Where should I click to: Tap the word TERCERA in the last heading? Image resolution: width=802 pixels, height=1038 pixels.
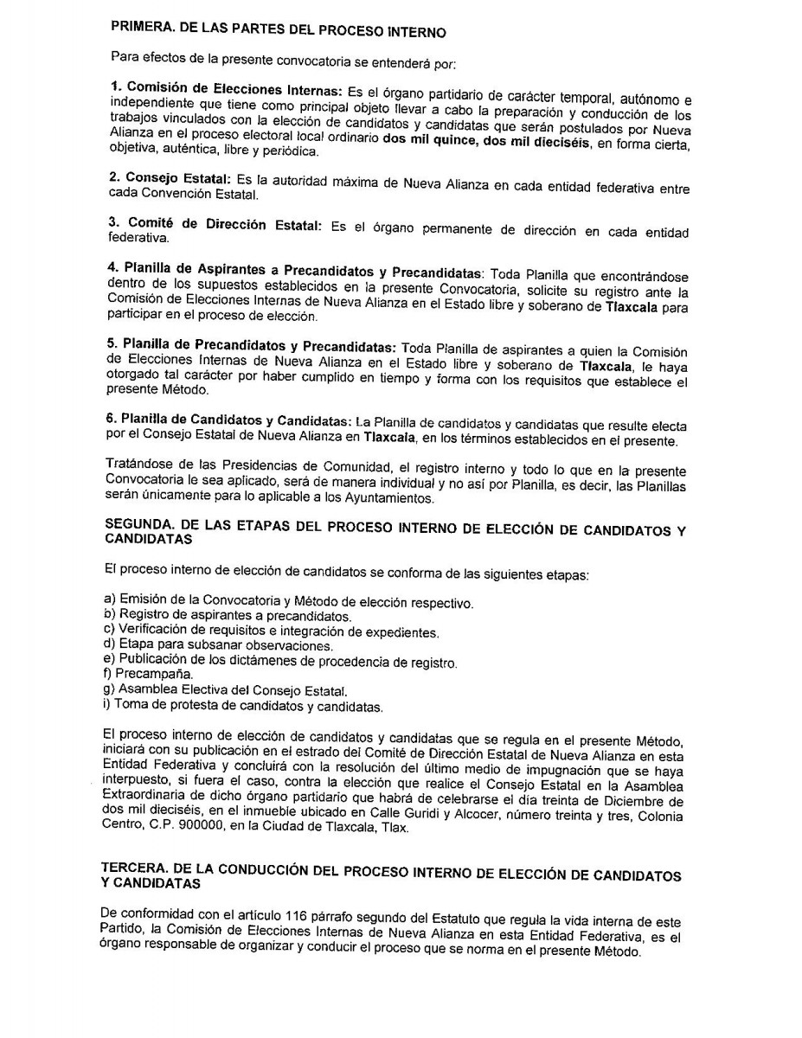click(x=138, y=868)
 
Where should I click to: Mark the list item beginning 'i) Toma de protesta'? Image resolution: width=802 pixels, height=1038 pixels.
click(x=241, y=707)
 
